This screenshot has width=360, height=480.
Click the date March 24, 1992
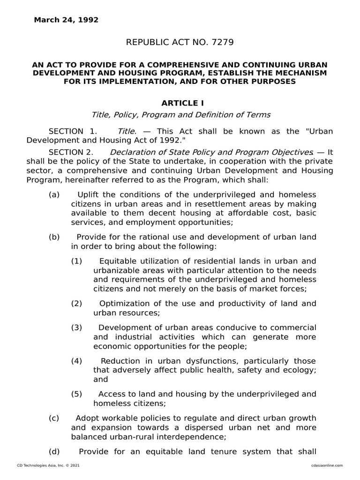pos(66,20)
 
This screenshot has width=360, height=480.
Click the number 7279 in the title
pos(222,43)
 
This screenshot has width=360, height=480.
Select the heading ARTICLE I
pos(183,103)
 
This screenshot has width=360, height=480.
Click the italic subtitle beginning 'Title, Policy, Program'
pos(180,114)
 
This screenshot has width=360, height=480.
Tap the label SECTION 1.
pos(73,131)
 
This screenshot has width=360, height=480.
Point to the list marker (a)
pos(54,195)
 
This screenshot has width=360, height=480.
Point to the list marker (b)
pos(54,237)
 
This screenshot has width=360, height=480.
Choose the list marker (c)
pos(54,418)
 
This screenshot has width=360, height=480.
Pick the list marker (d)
pos(54,451)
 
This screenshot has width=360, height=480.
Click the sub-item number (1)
pos(77,261)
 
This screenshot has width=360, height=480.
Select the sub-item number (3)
pos(77,327)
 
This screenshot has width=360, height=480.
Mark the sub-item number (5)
pos(77,394)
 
